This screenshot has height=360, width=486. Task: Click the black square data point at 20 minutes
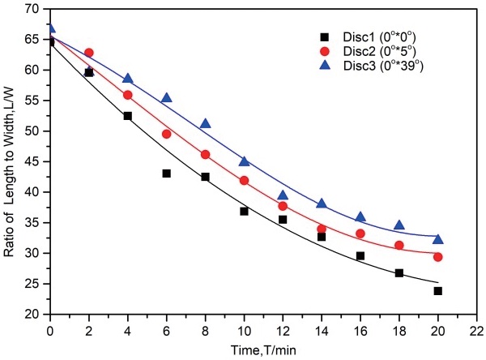pos(438,290)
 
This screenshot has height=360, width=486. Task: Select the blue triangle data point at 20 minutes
pos(438,239)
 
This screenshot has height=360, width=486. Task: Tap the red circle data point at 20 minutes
pos(438,257)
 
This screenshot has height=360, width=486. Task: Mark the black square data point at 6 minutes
pos(166,174)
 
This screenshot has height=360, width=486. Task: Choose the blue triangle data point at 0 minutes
pos(50,28)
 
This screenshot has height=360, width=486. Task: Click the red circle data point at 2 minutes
pos(89,53)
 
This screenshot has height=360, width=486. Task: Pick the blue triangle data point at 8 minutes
pos(205,124)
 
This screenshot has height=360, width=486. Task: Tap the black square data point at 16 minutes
pos(360,255)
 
